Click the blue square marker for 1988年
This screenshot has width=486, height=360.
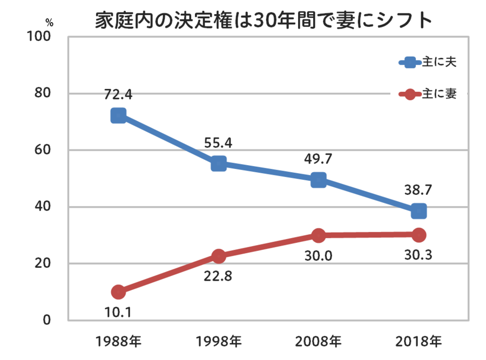point(118,116)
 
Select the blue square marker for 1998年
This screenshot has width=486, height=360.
point(219,164)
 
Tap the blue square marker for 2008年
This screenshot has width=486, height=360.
point(319,180)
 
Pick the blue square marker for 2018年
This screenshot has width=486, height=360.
point(418,211)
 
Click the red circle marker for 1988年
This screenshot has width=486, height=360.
point(118,292)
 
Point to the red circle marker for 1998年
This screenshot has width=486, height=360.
point(219,256)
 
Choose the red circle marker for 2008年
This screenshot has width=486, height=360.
point(319,235)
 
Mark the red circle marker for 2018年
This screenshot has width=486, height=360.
point(418,235)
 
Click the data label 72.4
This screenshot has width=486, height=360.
point(118,95)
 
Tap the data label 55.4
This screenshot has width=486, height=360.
point(219,143)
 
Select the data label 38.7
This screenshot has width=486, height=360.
point(418,191)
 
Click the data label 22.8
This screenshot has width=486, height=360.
point(219,276)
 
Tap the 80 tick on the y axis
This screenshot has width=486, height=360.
point(42,93)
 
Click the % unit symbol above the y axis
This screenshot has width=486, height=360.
point(49,23)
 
